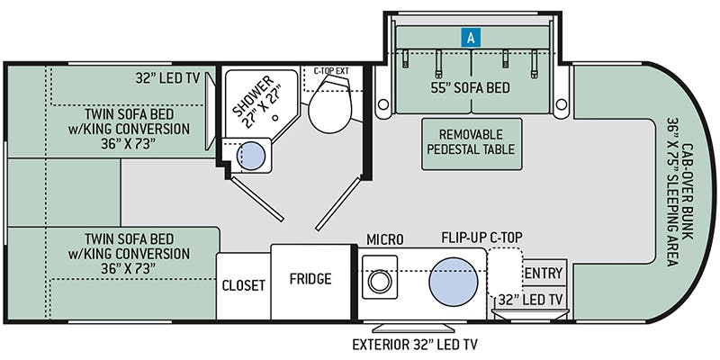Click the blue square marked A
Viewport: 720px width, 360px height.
pos(471,38)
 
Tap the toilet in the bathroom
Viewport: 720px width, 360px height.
pos(330,104)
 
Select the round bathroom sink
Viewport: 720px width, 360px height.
pos(251,156)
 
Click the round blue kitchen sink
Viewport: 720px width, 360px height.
pos(454,282)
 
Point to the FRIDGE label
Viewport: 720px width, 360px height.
pos(310,279)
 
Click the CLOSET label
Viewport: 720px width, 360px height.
pos(243,285)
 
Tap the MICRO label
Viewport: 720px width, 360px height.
pos(385,239)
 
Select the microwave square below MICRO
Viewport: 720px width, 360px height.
pos(380,277)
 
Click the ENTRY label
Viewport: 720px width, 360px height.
pos(544,274)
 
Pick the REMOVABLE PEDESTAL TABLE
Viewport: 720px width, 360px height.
pos(472,144)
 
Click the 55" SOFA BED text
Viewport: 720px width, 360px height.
pos(470,87)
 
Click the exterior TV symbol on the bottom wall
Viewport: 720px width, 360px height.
pos(414,328)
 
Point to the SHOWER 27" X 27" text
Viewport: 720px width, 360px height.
pos(258,103)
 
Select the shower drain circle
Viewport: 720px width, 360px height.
pos(275,118)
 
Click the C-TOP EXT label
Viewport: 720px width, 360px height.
pos(331,71)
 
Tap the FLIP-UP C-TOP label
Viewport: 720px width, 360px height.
pos(481,238)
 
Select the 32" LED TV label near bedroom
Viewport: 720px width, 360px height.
pos(167,78)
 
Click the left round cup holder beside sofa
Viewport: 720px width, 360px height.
pos(383,104)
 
